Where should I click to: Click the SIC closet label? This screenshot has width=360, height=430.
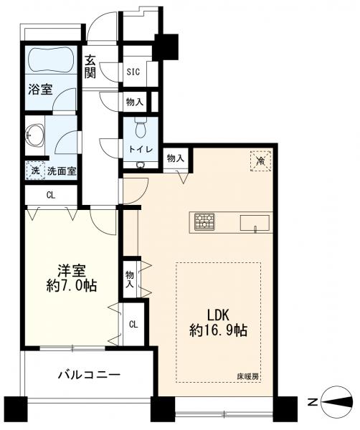tap(133, 72)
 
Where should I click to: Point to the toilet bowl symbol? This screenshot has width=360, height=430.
tap(140, 129)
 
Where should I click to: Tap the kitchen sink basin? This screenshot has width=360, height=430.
tap(254, 222)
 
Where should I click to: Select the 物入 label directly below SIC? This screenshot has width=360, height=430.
tap(133, 102)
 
